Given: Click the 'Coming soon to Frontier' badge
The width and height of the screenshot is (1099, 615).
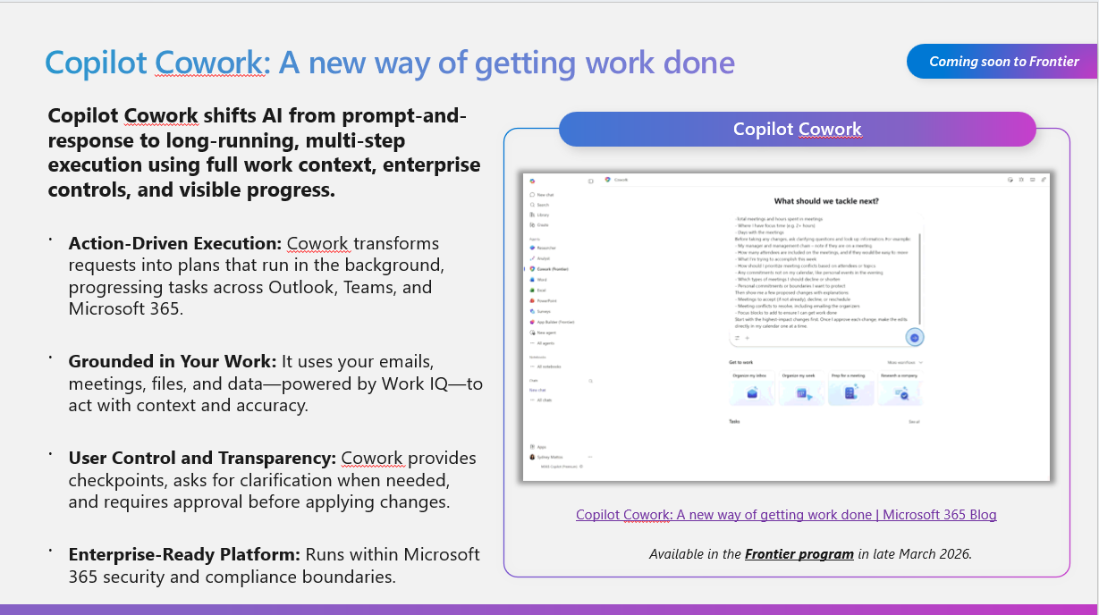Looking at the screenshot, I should [1003, 62].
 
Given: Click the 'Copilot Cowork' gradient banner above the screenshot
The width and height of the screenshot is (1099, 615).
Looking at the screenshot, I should [797, 129].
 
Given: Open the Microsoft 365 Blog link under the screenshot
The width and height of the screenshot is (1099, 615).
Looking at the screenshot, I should [785, 514].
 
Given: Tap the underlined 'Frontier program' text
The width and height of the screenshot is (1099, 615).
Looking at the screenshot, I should [799, 553].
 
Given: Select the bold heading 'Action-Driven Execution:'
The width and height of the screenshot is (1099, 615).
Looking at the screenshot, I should [175, 244].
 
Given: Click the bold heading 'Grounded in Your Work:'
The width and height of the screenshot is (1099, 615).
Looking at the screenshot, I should [173, 361].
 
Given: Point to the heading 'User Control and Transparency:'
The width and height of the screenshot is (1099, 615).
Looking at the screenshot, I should [202, 458].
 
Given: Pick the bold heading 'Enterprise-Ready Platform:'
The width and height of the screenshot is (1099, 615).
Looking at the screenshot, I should [184, 555].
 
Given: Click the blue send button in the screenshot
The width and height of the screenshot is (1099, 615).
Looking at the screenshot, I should [914, 337].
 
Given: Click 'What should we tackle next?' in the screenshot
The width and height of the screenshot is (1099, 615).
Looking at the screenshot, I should [825, 201].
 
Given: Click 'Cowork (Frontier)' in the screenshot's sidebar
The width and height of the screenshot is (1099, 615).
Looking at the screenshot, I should [553, 268].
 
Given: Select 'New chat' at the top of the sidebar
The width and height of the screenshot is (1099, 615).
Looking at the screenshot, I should [545, 194].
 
